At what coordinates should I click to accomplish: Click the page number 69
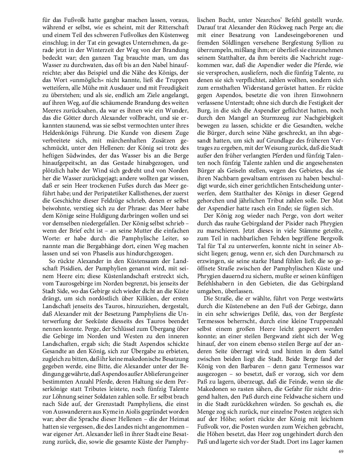coord(341,451)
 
